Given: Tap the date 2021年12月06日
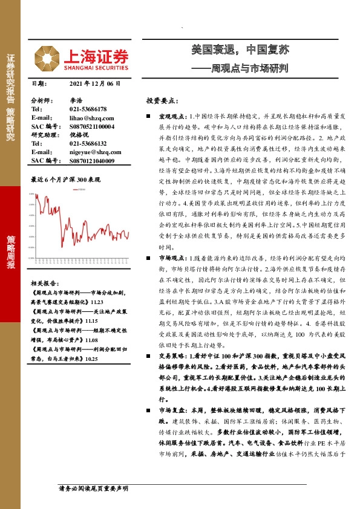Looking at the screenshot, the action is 96,85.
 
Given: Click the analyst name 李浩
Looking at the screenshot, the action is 76,100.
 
